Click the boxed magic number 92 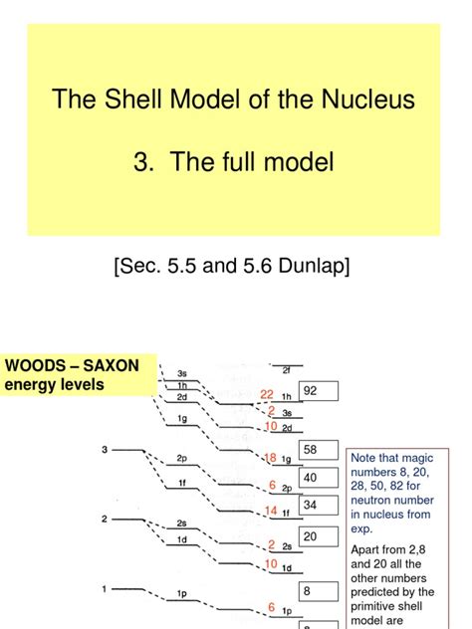coord(311,391)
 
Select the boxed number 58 coord(311,450)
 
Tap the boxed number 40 coord(311,478)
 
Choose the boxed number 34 coord(311,505)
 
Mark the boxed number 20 coord(311,535)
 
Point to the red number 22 coord(267,395)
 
